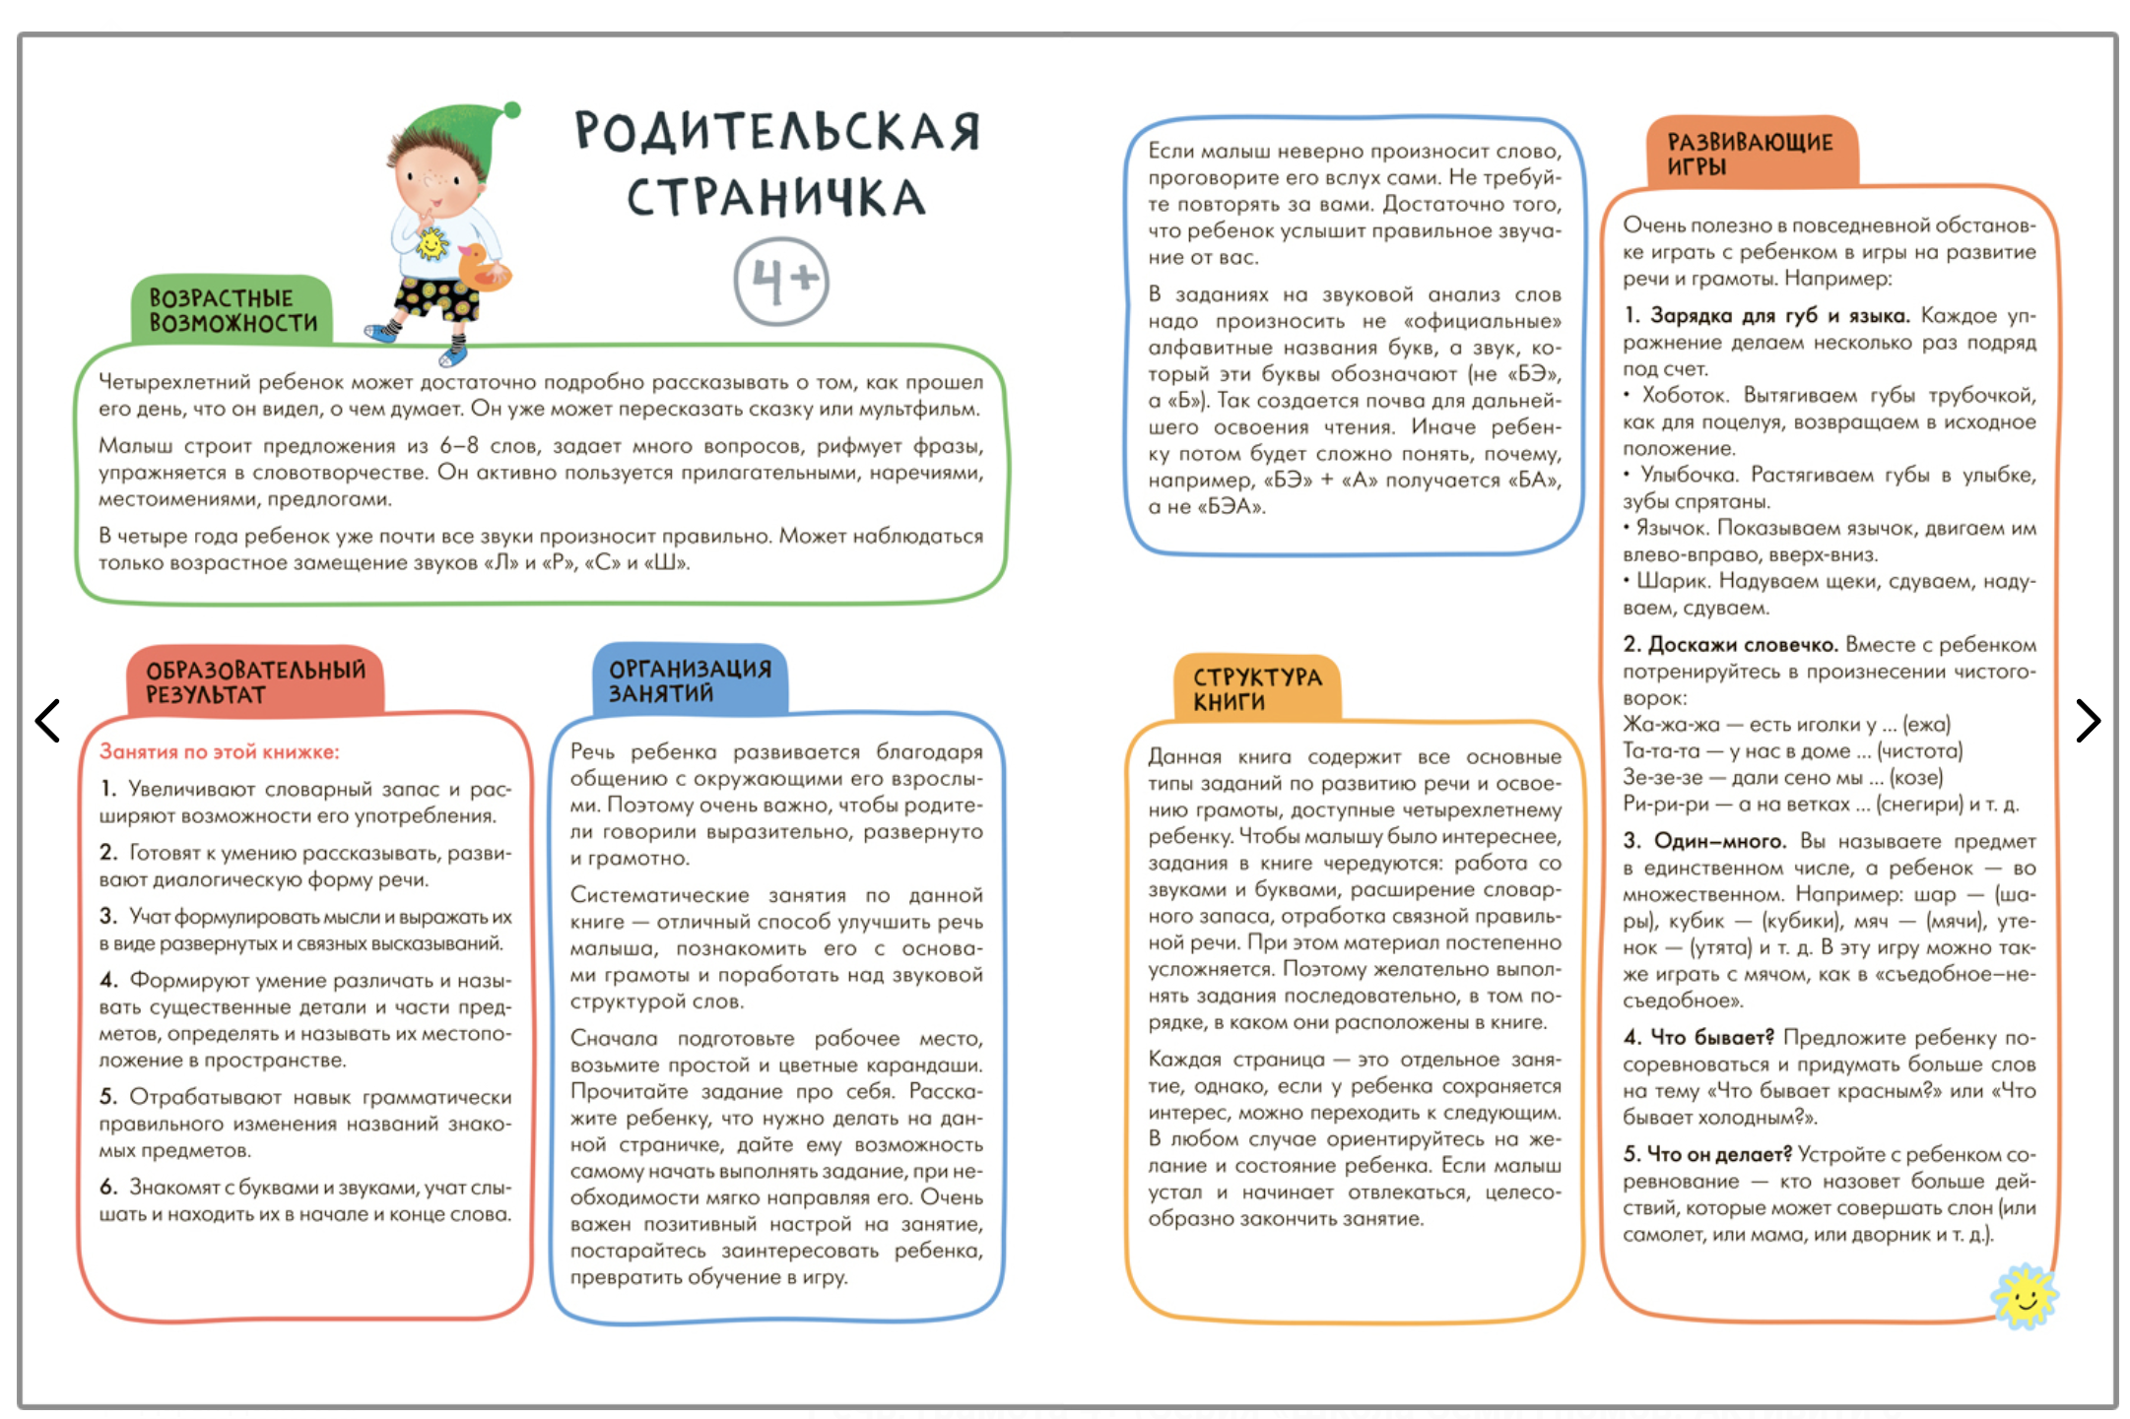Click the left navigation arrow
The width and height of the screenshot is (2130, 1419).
tap(47, 720)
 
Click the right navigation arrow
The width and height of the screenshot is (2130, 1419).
tap(2087, 720)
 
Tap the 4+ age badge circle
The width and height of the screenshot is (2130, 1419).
tap(781, 281)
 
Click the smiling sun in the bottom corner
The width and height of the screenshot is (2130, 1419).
tap(2025, 1296)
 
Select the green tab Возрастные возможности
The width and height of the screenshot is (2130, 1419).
tap(233, 310)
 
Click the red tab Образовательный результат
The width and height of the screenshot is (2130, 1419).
tap(255, 681)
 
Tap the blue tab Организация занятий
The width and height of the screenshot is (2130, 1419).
tap(690, 680)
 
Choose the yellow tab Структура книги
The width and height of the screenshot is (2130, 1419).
tap(1256, 688)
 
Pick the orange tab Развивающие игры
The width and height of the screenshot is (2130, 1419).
tap(1749, 154)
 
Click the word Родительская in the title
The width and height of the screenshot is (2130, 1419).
tap(777, 132)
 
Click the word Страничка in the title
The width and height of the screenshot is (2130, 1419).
tap(776, 198)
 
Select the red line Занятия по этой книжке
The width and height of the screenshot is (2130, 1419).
tap(219, 751)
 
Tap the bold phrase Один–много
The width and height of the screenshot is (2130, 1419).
tap(1719, 840)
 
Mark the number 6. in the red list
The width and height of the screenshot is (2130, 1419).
tap(108, 1187)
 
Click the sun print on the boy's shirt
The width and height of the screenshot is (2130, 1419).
tap(432, 242)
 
